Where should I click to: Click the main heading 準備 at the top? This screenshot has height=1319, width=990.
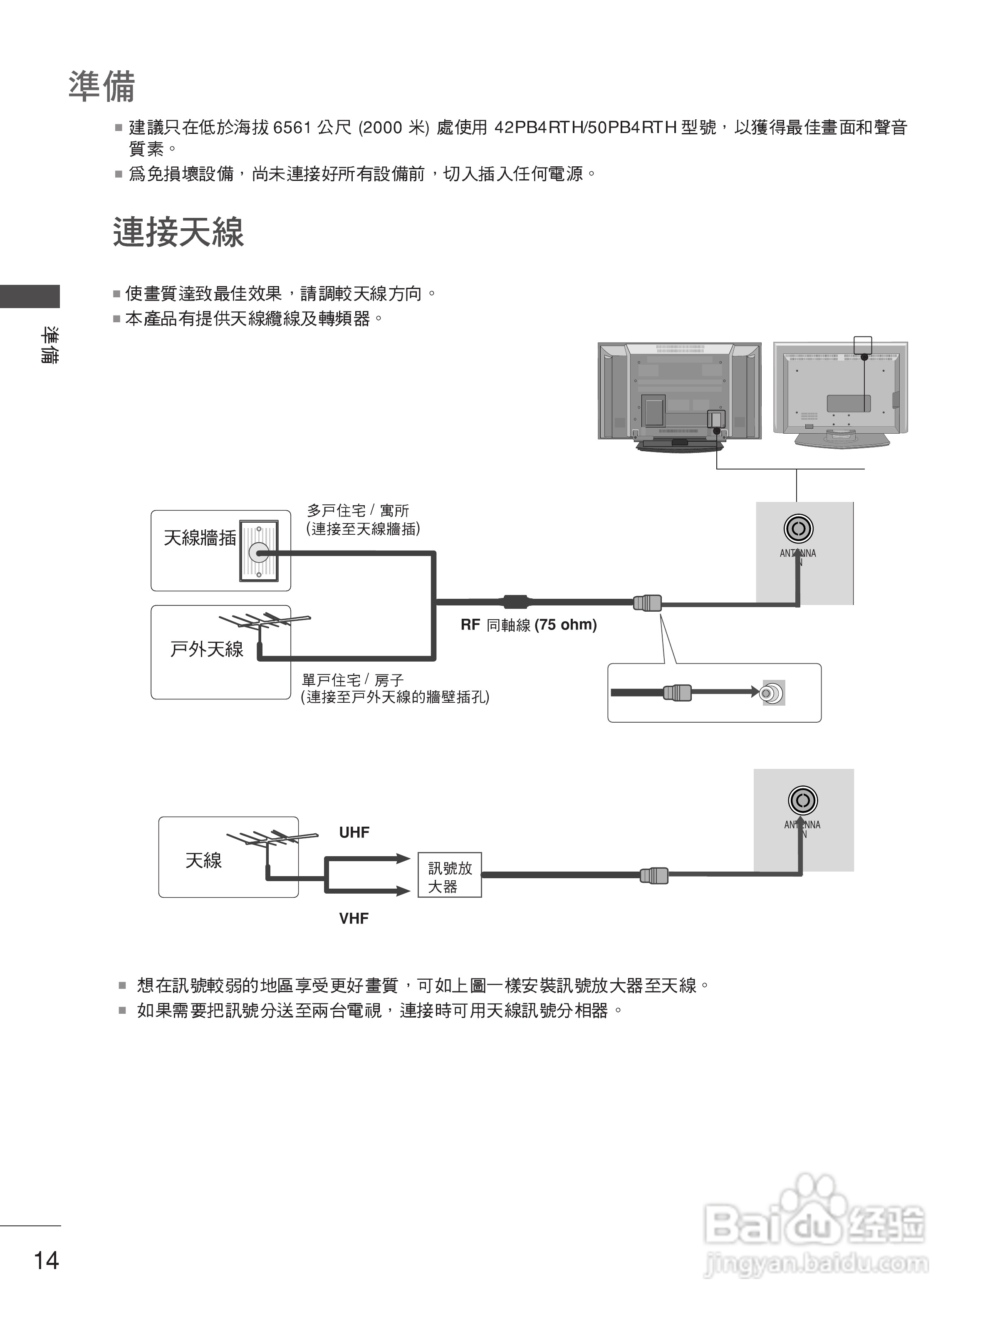coord(102,86)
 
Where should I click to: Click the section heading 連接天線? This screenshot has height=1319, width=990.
coord(178,232)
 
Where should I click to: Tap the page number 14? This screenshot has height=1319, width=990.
coord(46,1260)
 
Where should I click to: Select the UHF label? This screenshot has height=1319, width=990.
coord(354,832)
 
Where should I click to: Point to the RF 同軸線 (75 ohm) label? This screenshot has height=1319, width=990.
coord(528,625)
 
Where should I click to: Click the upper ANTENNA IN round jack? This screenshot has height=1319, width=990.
coord(798,529)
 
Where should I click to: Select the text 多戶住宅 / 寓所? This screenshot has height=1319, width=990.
coord(358,511)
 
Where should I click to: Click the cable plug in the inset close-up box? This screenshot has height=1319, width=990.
coord(677,693)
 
